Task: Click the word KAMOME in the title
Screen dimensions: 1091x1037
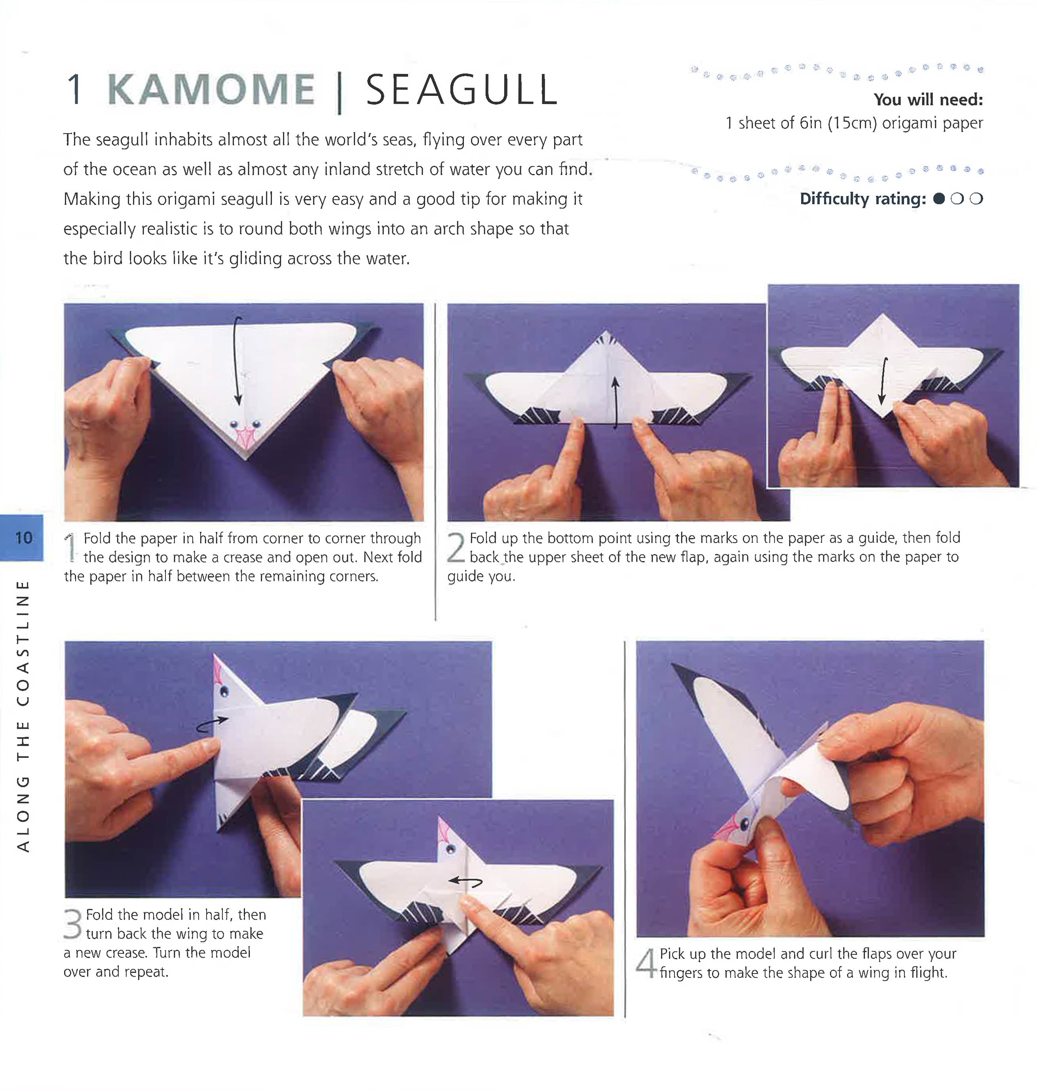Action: [x=211, y=90]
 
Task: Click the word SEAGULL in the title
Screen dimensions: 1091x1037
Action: [x=462, y=90]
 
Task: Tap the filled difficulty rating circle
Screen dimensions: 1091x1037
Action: [x=938, y=199]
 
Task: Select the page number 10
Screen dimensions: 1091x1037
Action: [x=23, y=538]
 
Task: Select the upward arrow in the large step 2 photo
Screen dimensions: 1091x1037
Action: [x=615, y=403]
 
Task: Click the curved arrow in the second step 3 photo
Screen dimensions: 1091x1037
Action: [x=465, y=882]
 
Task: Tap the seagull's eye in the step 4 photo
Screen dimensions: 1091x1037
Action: [x=745, y=825]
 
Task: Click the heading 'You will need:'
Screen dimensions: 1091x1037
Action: [x=928, y=99]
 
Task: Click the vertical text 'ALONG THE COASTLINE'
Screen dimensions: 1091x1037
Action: [x=23, y=715]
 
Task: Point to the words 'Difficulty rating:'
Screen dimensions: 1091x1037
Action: [x=862, y=199]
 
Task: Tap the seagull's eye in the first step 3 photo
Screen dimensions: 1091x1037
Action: [x=224, y=691]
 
